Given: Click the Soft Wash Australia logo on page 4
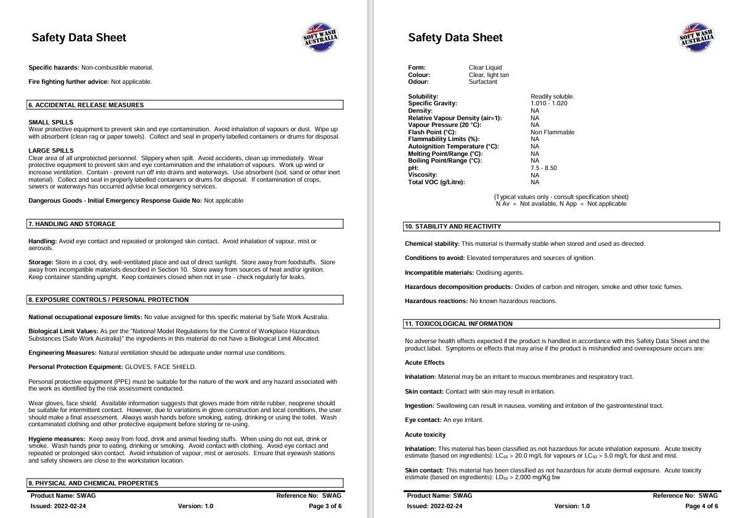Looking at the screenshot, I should [x=697, y=38].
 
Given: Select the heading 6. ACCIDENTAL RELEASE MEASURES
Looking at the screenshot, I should [x=86, y=105].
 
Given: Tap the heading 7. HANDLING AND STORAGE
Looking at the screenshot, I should [x=72, y=224].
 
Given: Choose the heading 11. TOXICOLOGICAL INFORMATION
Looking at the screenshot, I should [x=458, y=324].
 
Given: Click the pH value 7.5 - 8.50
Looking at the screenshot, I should [x=543, y=168].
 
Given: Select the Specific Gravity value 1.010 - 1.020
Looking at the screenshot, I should [x=549, y=103].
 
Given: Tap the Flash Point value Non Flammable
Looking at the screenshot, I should [x=552, y=132].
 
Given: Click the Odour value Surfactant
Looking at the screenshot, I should [x=482, y=82].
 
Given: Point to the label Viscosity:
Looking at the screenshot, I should [x=422, y=176].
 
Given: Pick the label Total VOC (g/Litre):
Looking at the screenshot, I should [x=436, y=182].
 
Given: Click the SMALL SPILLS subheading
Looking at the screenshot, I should [x=51, y=122].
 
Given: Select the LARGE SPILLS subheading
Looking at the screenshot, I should [x=51, y=151].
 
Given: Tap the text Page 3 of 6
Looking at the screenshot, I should [x=325, y=506].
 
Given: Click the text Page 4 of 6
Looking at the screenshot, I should [x=701, y=506].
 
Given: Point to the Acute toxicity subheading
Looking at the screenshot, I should [x=425, y=435].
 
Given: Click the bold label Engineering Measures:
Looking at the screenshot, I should [x=62, y=353].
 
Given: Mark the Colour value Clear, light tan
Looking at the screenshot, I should [x=489, y=75].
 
